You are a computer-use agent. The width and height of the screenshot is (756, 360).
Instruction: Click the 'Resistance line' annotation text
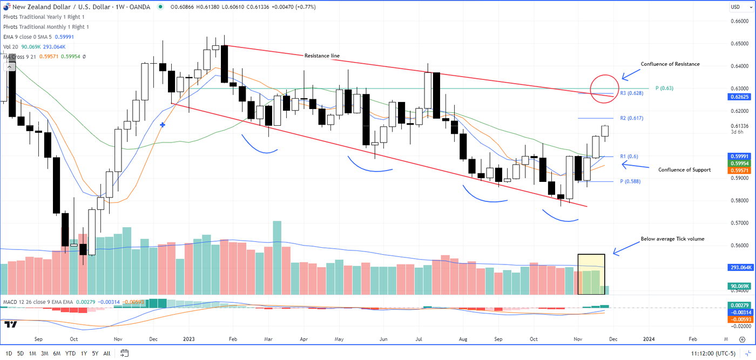(x=322, y=56)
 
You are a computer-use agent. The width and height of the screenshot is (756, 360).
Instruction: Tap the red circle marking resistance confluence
(x=605, y=89)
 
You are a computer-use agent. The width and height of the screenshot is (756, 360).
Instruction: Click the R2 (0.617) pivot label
(x=631, y=118)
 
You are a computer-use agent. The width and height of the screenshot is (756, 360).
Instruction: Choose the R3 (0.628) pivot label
(x=631, y=93)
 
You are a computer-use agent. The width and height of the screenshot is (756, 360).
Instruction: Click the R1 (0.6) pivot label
(x=629, y=157)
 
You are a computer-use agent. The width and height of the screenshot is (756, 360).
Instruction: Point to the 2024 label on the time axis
(x=649, y=339)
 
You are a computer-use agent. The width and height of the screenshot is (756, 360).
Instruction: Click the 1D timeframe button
(x=9, y=354)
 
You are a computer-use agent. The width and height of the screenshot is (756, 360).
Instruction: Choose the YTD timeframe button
(x=70, y=354)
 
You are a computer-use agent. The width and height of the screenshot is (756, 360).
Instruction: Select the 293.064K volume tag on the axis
(x=739, y=267)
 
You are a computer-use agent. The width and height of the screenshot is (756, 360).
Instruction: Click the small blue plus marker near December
(x=163, y=125)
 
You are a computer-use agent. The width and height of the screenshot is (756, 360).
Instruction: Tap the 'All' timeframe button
(x=106, y=354)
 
